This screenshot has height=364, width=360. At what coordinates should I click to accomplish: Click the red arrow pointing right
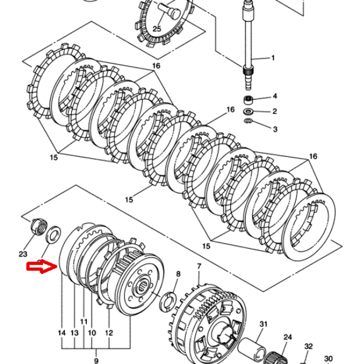pyautogui.click(x=42, y=267)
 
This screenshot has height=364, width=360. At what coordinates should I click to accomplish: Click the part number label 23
pyautogui.click(x=23, y=254)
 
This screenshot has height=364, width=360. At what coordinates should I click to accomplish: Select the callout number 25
pyautogui.click(x=157, y=29)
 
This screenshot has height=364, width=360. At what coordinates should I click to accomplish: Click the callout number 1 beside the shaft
pyautogui.click(x=273, y=58)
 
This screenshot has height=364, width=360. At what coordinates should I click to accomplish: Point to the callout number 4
pyautogui.click(x=275, y=96)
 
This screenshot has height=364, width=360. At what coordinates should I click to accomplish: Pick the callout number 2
pyautogui.click(x=275, y=111)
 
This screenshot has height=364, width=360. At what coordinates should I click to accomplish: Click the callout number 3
pyautogui.click(x=275, y=129)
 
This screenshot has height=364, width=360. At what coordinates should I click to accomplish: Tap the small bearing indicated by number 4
pyautogui.click(x=248, y=100)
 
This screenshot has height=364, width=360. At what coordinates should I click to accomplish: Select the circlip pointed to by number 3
pyautogui.click(x=248, y=120)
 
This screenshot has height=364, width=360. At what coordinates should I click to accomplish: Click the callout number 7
pyautogui.click(x=199, y=266)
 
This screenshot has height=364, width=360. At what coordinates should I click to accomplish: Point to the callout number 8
pyautogui.click(x=178, y=274)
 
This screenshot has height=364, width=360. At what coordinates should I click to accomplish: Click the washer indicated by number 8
pyautogui.click(x=168, y=302)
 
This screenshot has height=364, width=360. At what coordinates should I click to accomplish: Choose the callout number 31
pyautogui.click(x=263, y=324)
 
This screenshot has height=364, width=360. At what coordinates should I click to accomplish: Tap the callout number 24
pyautogui.click(x=288, y=337)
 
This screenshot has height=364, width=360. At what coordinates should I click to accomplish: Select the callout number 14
pyautogui.click(x=62, y=333)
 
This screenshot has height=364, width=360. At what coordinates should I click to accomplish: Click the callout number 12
pyautogui.click(x=109, y=333)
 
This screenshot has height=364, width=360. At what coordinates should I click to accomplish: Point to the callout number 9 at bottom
pyautogui.click(x=96, y=360)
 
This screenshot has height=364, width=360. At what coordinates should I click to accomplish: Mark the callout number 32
pyautogui.click(x=309, y=346)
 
